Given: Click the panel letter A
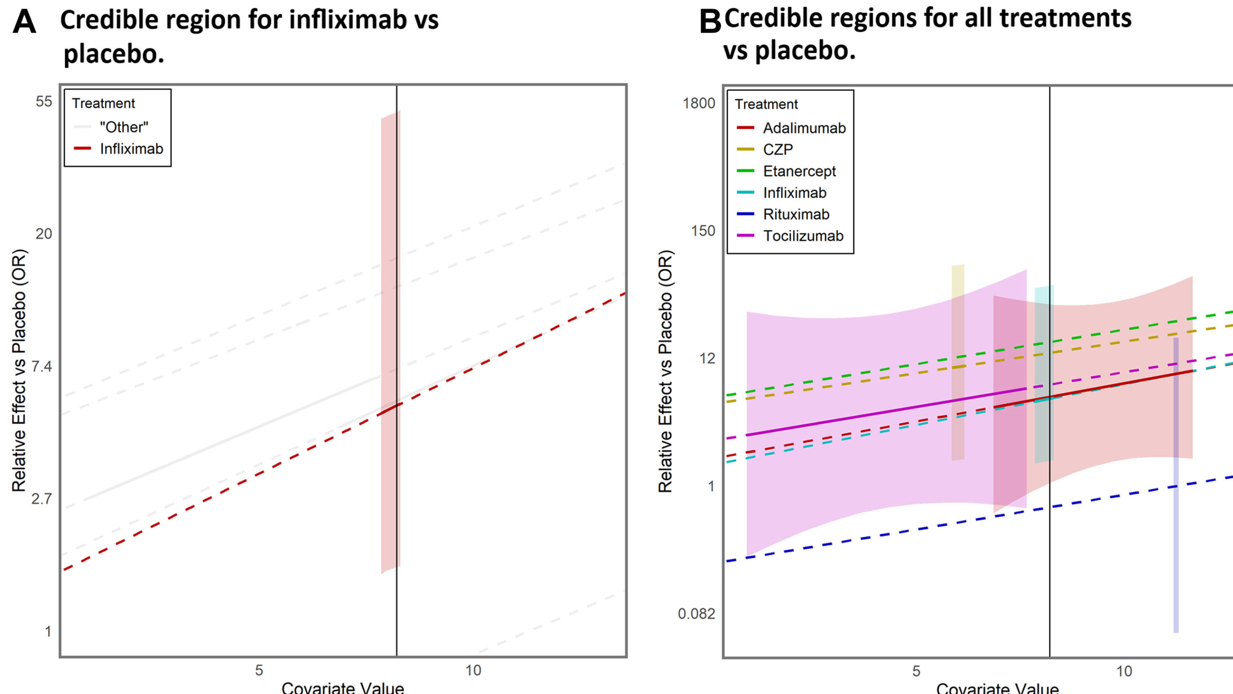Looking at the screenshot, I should (24, 22).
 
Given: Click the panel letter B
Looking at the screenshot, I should (710, 22).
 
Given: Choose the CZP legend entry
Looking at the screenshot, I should (778, 150).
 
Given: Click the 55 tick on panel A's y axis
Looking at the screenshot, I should (44, 101).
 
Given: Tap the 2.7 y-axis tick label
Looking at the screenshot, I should (41, 499).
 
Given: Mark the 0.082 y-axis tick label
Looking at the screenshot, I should (696, 613).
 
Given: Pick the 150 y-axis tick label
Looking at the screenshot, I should (703, 231).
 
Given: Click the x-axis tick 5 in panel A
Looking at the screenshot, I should (259, 670).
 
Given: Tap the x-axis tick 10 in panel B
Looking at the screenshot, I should (1124, 671).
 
